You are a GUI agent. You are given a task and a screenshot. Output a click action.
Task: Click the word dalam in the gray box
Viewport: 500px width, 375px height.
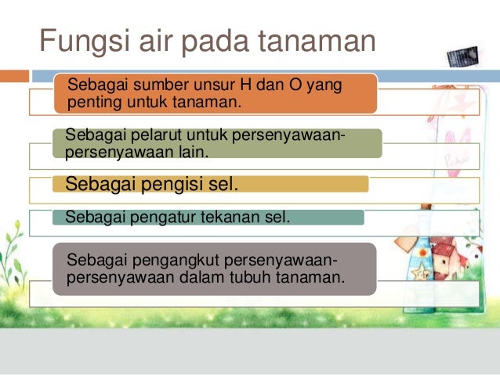(217, 276)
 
